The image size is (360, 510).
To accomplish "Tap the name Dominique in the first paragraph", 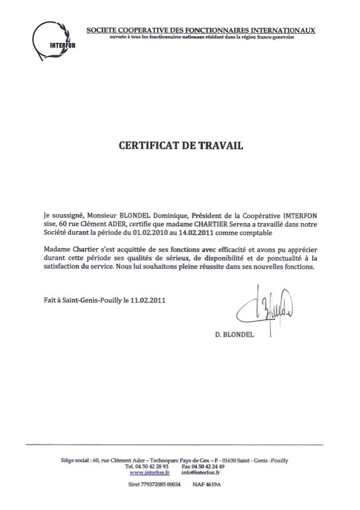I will point(175,215).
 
